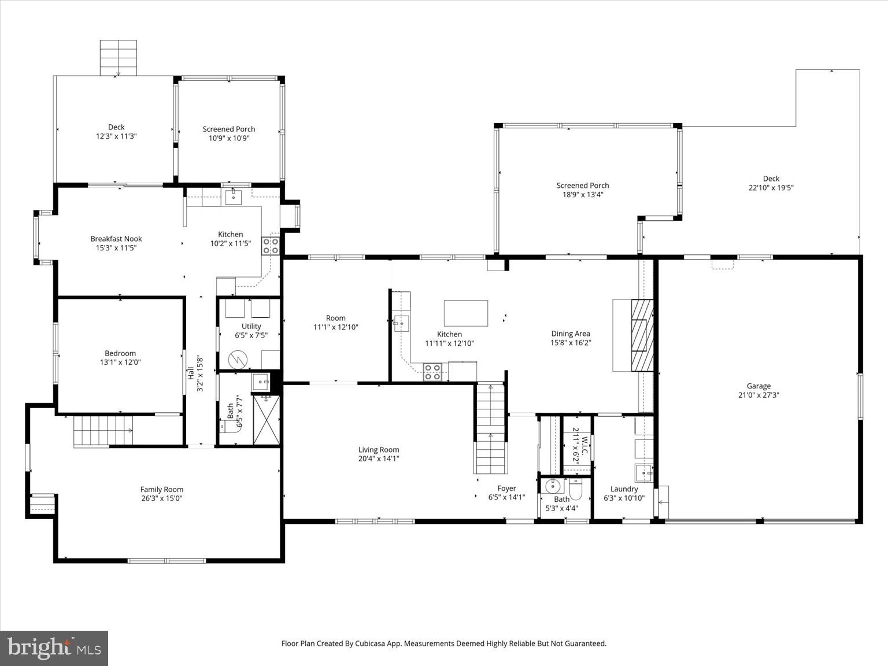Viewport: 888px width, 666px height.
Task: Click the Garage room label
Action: point(758,386)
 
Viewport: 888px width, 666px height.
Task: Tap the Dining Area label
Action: point(570,334)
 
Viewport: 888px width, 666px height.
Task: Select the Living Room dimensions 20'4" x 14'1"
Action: point(379,459)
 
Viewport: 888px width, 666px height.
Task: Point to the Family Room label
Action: point(161,489)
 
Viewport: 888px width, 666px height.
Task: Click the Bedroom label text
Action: point(120,353)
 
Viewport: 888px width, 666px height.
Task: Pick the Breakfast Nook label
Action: point(116,239)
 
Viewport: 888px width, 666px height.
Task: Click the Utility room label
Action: point(251,327)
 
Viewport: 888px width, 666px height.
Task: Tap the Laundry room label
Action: point(624,489)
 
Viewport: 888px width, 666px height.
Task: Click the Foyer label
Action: point(506,489)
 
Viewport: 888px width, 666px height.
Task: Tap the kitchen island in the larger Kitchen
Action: point(465,313)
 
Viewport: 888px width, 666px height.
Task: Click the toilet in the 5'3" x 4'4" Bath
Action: point(576,490)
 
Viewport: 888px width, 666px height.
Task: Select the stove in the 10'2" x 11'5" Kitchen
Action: point(271,246)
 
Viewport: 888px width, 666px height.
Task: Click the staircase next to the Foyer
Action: point(490,428)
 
